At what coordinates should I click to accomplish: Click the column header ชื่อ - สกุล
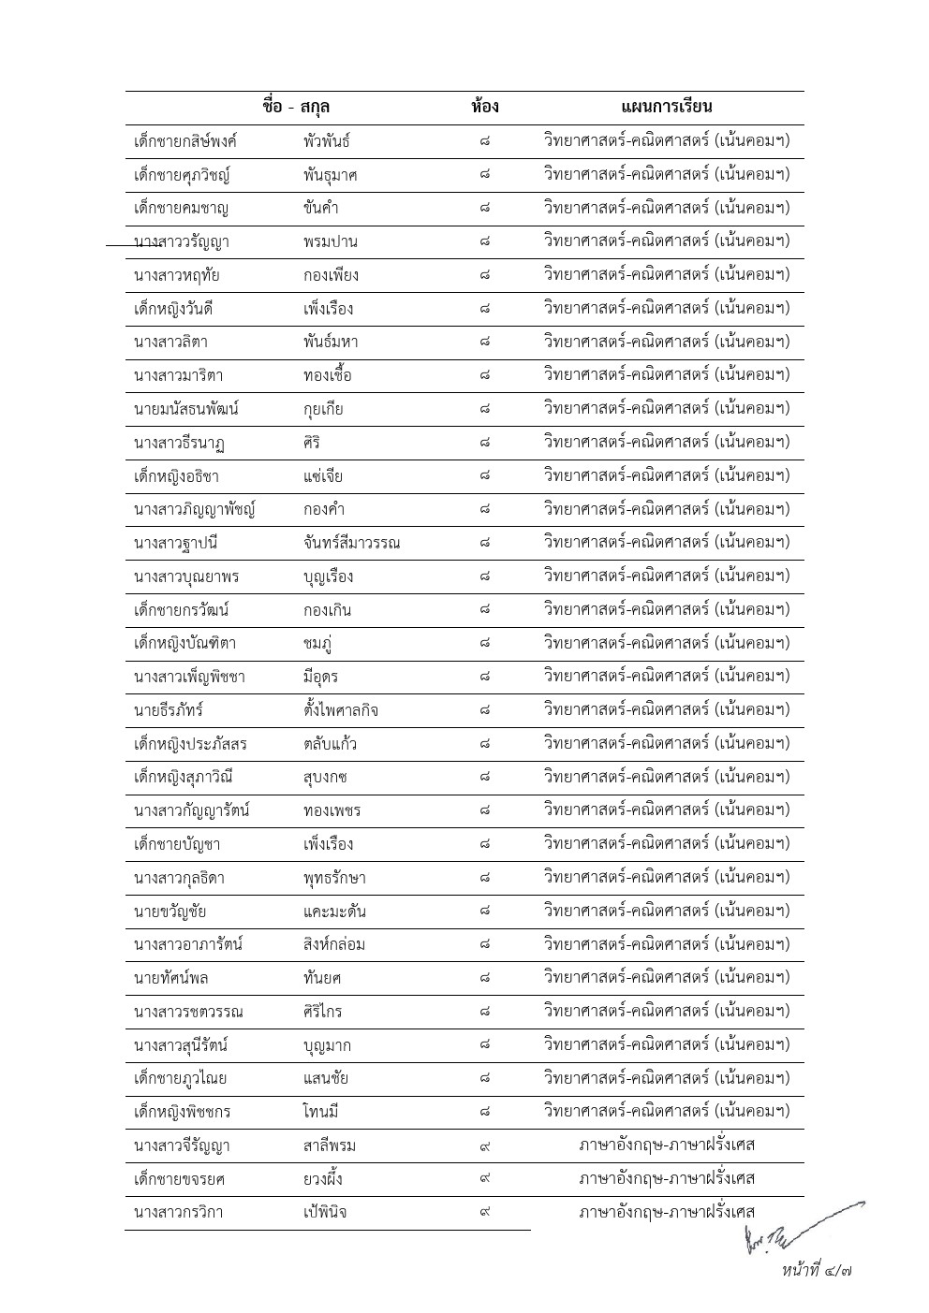296,107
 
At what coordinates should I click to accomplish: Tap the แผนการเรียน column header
667,107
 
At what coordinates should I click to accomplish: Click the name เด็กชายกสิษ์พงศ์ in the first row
185,141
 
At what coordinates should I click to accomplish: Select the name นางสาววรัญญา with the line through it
182,242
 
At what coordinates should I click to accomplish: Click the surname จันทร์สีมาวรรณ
345,543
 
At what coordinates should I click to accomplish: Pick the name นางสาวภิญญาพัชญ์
195,510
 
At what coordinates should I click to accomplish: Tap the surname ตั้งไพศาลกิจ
334,710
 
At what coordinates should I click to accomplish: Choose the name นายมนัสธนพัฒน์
186,409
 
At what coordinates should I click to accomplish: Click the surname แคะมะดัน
328,912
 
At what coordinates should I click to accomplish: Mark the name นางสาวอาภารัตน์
188,944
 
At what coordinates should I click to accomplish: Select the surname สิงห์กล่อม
328,944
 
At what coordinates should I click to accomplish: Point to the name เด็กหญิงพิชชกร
183,1112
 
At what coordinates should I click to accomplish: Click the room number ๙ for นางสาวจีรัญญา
484,1145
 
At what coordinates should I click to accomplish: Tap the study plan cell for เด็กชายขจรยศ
667,1178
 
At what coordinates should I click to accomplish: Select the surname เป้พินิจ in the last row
318,1212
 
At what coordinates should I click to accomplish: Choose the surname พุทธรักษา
328,878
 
